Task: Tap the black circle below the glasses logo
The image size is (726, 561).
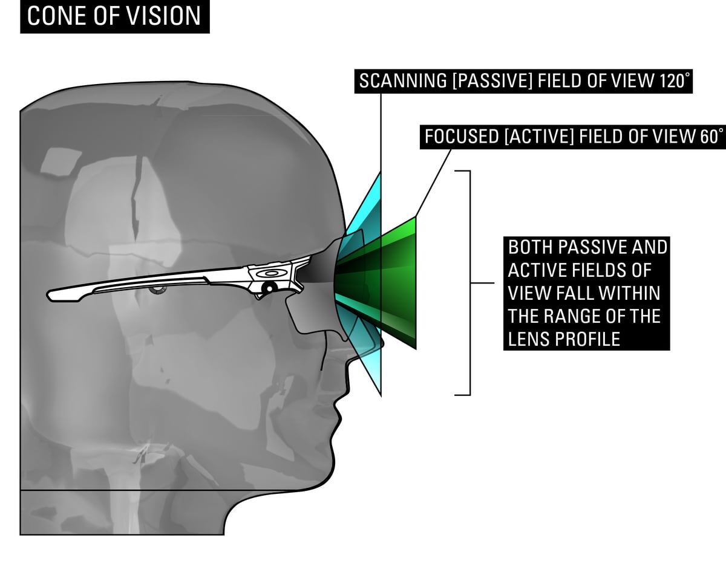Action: click(x=270, y=287)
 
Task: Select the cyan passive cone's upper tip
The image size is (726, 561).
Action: click(x=379, y=174)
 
